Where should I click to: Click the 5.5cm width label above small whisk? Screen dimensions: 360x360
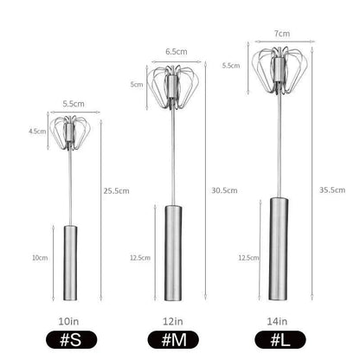tap(71, 104)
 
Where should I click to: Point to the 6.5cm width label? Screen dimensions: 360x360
tap(172, 51)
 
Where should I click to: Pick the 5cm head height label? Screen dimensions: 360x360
tap(137, 84)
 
